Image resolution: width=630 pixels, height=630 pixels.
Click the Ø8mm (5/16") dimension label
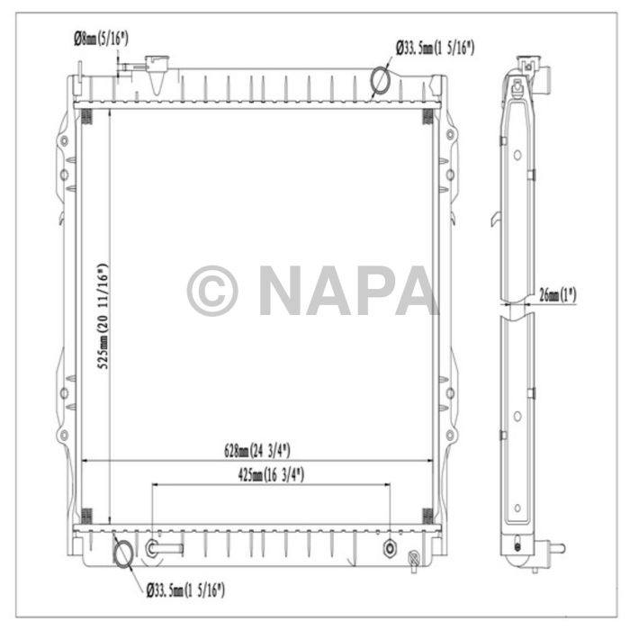[x=101, y=39]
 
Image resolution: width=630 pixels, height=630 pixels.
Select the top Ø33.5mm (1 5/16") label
[x=435, y=49]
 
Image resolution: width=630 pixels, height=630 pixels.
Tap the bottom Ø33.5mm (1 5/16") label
[x=185, y=590]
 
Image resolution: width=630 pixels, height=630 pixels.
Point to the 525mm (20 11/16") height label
[x=103, y=316]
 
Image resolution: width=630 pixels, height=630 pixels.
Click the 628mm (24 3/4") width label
[x=256, y=450]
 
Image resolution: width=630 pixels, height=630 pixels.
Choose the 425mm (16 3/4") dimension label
[x=271, y=475]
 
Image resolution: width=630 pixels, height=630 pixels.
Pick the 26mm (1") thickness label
[x=558, y=295]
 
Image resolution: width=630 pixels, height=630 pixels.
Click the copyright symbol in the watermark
[x=212, y=291]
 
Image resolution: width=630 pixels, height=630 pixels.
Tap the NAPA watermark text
[x=347, y=290]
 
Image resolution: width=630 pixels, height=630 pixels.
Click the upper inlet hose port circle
[x=380, y=80]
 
